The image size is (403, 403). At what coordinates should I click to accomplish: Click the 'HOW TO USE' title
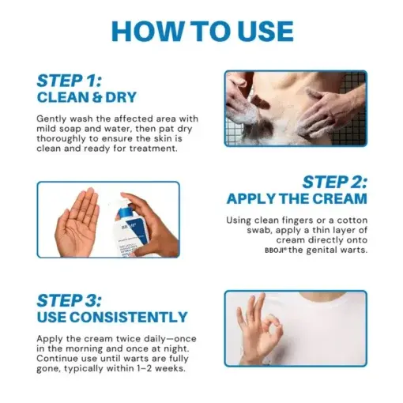201,31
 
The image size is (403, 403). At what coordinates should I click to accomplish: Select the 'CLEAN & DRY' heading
86,98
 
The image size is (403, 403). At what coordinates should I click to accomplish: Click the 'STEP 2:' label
335,182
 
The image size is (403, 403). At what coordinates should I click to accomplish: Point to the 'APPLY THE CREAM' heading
296,198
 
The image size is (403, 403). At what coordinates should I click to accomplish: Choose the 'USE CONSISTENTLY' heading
111,318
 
